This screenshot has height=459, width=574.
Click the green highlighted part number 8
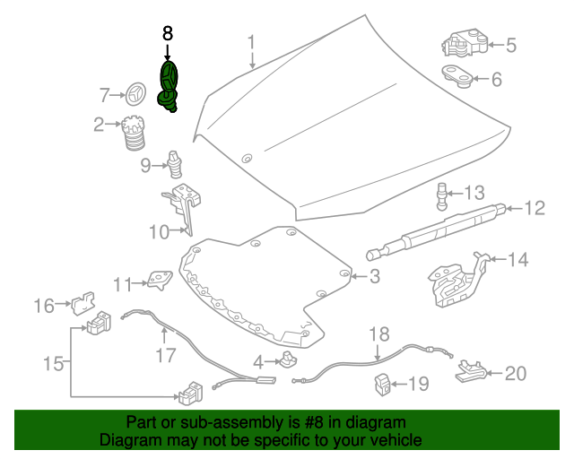pyautogui.click(x=169, y=87)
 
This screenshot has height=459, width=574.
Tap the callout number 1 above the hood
pyautogui.click(x=252, y=41)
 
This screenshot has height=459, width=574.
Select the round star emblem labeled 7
pyautogui.click(x=136, y=93)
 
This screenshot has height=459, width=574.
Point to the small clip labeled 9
pyautogui.click(x=174, y=165)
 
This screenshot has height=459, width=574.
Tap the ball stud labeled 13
pyautogui.click(x=443, y=193)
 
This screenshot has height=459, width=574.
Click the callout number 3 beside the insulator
pyautogui.click(x=375, y=278)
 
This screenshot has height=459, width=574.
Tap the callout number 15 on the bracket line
pyautogui.click(x=55, y=364)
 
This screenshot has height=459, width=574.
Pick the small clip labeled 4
pyautogui.click(x=288, y=360)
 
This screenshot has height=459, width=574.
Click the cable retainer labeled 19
pyautogui.click(x=384, y=384)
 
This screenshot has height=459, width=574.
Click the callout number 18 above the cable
pyautogui.click(x=380, y=333)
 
